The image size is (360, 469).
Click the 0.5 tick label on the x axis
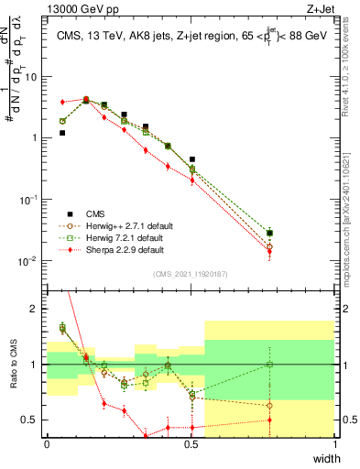coord(191,444)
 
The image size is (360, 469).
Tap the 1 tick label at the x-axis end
coord(334,444)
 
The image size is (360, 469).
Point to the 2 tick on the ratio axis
coord(36,309)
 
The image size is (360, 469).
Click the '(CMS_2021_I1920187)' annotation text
coord(191,273)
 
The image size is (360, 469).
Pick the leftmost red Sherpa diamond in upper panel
coord(62,102)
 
